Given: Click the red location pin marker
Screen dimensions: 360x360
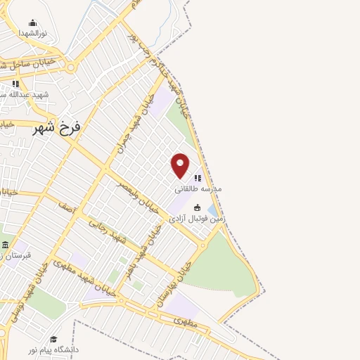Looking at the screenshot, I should pyautogui.click(x=180, y=165).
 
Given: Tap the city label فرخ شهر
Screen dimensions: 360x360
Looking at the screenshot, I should pyautogui.click(x=58, y=127).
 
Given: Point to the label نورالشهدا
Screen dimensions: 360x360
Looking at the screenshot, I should pyautogui.click(x=32, y=33).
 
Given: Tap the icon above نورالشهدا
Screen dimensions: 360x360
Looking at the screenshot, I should pyautogui.click(x=32, y=23).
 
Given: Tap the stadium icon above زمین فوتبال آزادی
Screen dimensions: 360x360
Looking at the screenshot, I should pyautogui.click(x=198, y=208).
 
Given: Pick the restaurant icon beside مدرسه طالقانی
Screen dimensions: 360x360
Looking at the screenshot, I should pyautogui.click(x=198, y=179).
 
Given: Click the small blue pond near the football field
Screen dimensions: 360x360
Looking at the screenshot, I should pyautogui.click(x=212, y=210).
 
